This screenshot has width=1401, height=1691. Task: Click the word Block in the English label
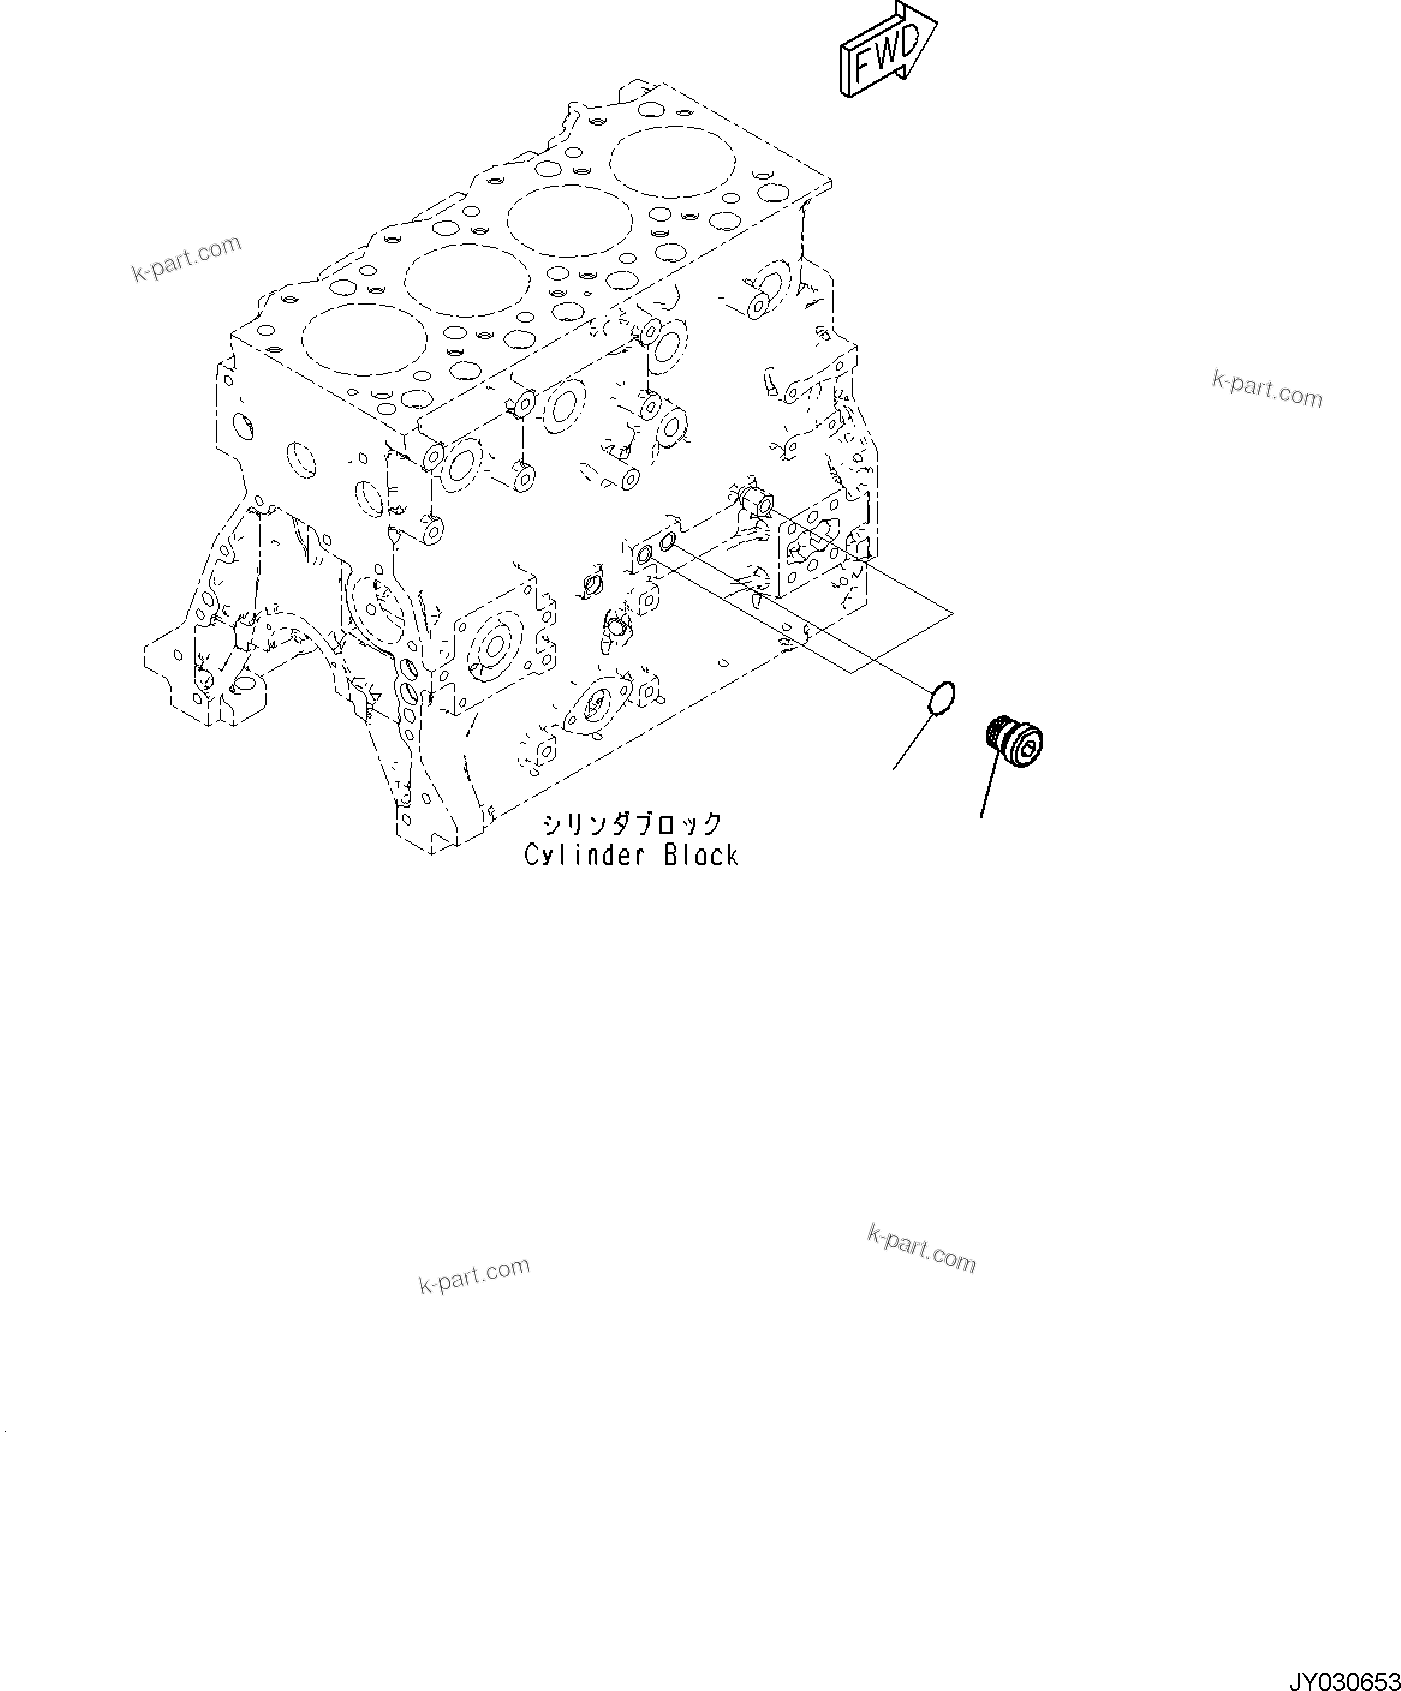click(700, 856)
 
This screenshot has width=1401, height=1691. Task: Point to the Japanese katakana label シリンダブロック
click(632, 824)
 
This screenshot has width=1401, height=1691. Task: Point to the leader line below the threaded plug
click(988, 790)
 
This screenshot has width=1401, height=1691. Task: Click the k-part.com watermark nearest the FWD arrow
click(1267, 390)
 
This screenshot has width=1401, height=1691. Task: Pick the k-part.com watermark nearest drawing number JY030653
click(921, 1250)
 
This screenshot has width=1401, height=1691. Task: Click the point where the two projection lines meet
click(952, 613)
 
